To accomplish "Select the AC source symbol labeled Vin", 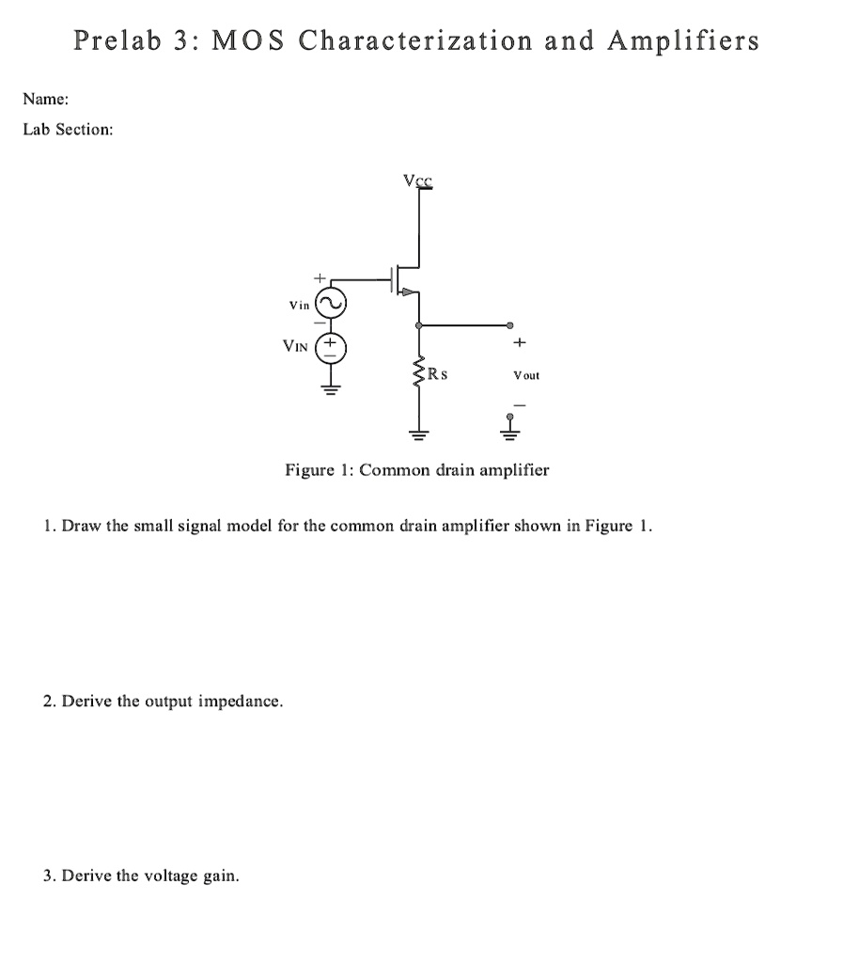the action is tap(331, 304).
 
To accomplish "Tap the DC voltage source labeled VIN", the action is tap(331, 347).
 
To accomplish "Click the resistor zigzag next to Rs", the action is tap(418, 378).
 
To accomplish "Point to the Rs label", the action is tap(437, 374).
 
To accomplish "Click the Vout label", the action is tap(525, 375).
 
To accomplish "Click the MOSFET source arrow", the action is tap(407, 292).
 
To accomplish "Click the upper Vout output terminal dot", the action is tap(510, 325).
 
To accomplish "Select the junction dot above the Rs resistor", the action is tap(418, 325).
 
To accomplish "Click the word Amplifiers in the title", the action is tap(682, 41).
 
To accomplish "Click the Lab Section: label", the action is tap(68, 129).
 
